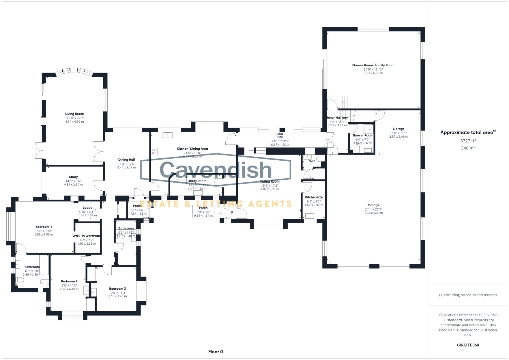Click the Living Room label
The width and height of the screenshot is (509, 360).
74,114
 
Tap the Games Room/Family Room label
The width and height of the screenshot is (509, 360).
373,65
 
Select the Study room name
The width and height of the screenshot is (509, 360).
73,177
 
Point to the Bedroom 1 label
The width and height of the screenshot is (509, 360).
44,227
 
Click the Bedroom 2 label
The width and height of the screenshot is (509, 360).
69,282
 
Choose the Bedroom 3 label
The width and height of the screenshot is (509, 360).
117,289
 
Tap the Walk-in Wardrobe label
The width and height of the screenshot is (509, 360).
87,236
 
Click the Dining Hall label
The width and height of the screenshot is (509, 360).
126,160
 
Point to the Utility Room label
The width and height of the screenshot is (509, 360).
197,181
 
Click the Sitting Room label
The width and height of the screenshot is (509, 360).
270,182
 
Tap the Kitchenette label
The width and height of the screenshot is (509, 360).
314,197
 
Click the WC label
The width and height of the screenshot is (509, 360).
312,161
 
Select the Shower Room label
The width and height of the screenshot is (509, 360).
363,135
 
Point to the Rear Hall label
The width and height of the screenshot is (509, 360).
280,136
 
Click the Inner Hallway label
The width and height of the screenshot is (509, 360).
337,118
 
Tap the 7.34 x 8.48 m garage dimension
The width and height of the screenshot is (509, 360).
373,213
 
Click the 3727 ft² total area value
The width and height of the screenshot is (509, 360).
468,141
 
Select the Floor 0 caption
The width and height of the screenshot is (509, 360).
215,352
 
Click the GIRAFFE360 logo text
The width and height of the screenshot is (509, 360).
468,345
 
